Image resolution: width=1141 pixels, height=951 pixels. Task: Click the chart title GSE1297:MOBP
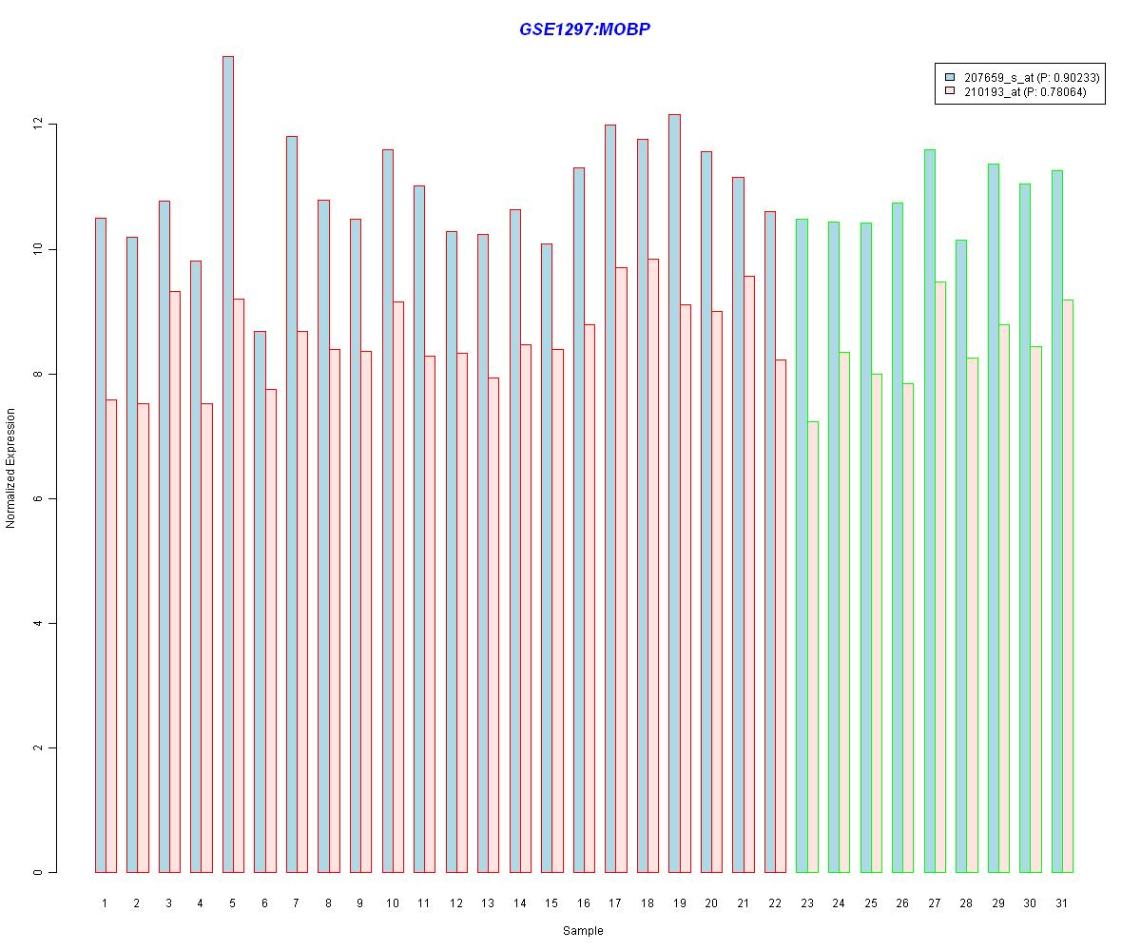(x=584, y=29)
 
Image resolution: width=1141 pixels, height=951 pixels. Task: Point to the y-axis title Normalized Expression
(x=10, y=468)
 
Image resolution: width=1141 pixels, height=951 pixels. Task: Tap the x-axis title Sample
(x=583, y=931)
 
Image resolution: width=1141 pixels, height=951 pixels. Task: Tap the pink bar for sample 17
(x=621, y=570)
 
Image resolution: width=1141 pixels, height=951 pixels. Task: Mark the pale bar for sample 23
(x=812, y=647)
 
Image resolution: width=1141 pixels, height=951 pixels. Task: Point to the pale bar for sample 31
(x=1068, y=586)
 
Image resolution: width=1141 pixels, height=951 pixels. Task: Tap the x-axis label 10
(x=393, y=902)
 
